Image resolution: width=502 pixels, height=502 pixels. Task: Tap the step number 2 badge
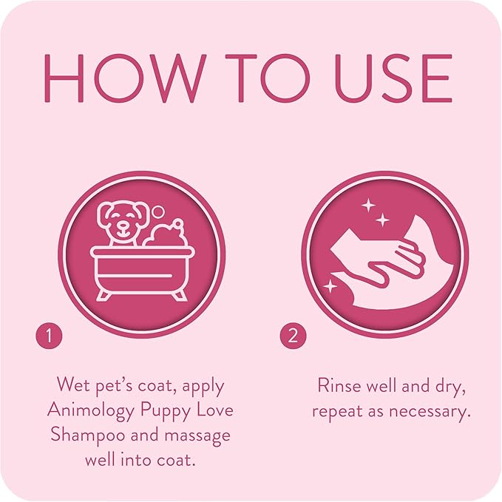pyautogui.click(x=293, y=336)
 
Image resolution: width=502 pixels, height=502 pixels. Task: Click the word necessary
pyautogui.click(x=430, y=411)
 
